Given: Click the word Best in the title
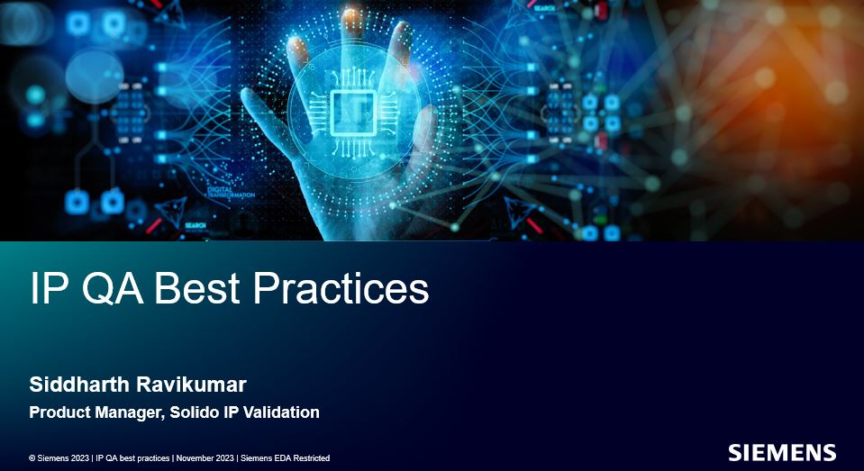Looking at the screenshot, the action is tap(196, 288).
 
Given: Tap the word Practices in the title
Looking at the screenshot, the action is tap(341, 288).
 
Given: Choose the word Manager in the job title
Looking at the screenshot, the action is tap(130, 412).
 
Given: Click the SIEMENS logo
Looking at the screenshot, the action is tap(782, 452).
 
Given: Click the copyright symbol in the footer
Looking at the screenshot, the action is tap(32, 458).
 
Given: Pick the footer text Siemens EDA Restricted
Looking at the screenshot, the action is tap(286, 458).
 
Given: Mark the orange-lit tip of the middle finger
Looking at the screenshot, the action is tap(350, 18).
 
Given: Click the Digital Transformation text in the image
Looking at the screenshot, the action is tap(231, 192).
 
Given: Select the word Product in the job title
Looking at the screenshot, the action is tap(60, 412).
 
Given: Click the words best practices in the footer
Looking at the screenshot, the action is tap(143, 458).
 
